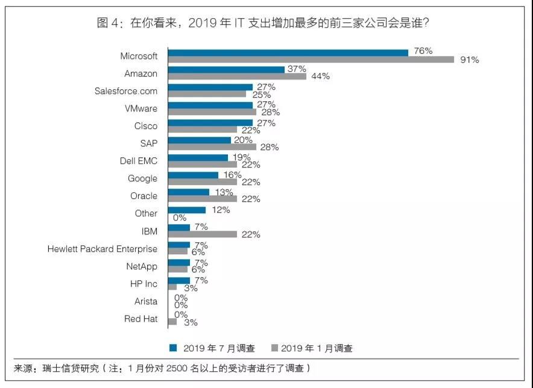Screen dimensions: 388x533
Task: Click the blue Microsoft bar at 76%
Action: click(x=288, y=52)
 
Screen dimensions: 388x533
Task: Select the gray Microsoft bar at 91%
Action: click(x=311, y=60)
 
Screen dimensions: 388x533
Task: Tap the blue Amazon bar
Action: click(x=226, y=70)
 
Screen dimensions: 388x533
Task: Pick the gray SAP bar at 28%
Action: click(x=212, y=147)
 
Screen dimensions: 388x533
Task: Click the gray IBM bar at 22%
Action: click(x=202, y=234)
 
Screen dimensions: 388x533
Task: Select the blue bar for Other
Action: click(x=186, y=210)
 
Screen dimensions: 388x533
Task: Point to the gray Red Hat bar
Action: click(x=172, y=322)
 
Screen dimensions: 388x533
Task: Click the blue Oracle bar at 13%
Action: click(x=188, y=192)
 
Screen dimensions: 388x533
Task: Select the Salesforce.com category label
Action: click(x=126, y=91)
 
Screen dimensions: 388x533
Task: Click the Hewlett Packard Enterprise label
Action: click(x=102, y=249)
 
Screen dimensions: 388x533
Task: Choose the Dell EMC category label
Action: click(x=139, y=161)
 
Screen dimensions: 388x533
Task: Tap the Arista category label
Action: click(x=146, y=301)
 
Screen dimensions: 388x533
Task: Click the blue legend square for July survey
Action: click(x=173, y=348)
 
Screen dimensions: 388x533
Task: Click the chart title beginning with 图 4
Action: click(x=266, y=23)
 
